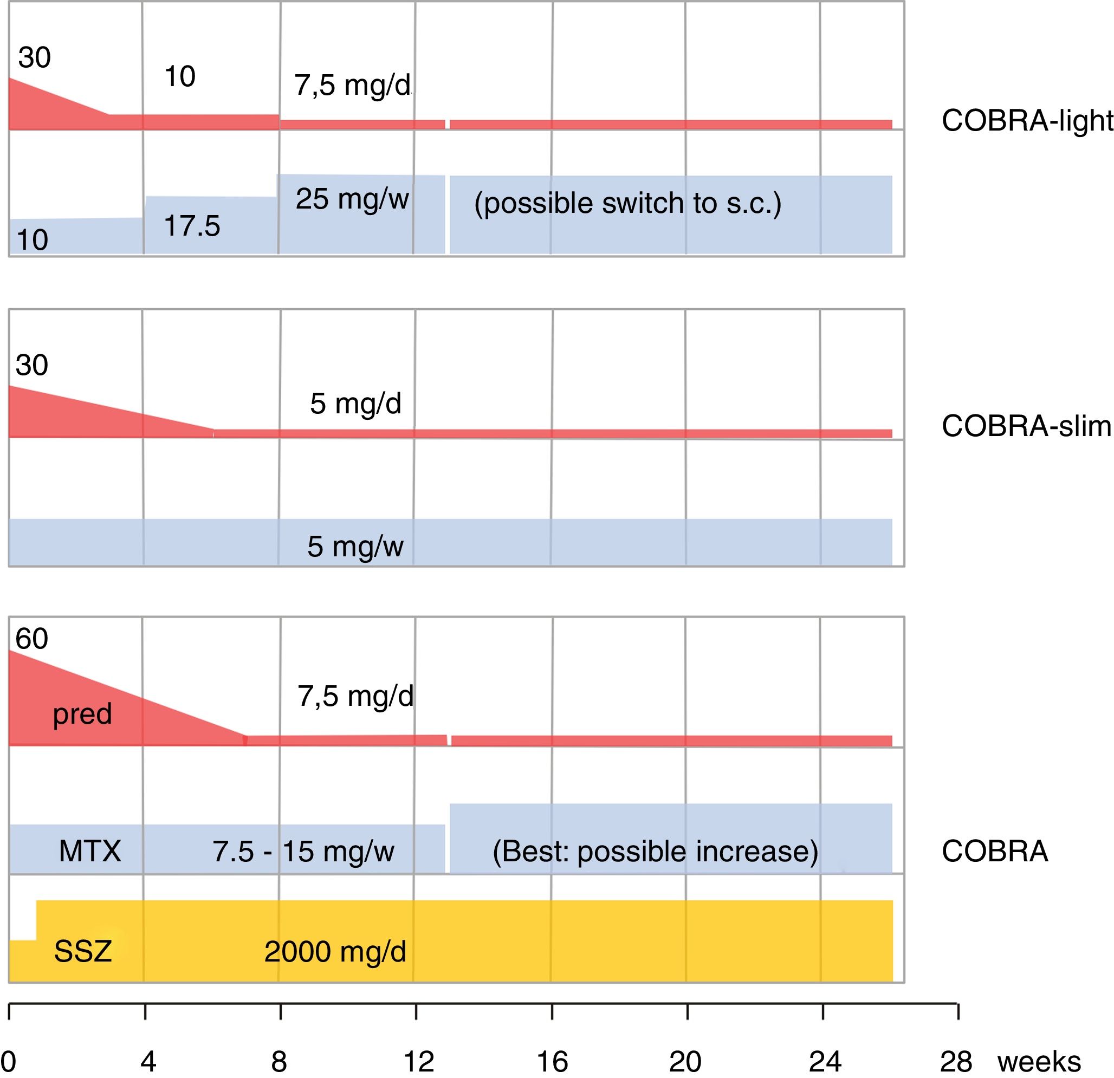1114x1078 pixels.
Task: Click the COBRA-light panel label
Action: click(x=1026, y=121)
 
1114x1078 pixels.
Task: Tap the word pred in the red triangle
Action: click(x=82, y=714)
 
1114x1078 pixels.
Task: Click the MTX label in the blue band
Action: click(x=90, y=851)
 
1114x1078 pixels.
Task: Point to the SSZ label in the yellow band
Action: click(x=83, y=951)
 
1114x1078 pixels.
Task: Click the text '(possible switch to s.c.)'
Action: click(x=627, y=204)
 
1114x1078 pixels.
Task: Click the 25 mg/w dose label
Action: click(x=352, y=199)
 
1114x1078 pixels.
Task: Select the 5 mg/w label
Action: click(x=355, y=547)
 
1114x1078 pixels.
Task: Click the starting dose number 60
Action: click(x=32, y=639)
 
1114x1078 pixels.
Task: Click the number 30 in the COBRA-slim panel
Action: click(x=32, y=365)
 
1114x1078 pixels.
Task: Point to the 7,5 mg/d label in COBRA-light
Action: click(x=352, y=86)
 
